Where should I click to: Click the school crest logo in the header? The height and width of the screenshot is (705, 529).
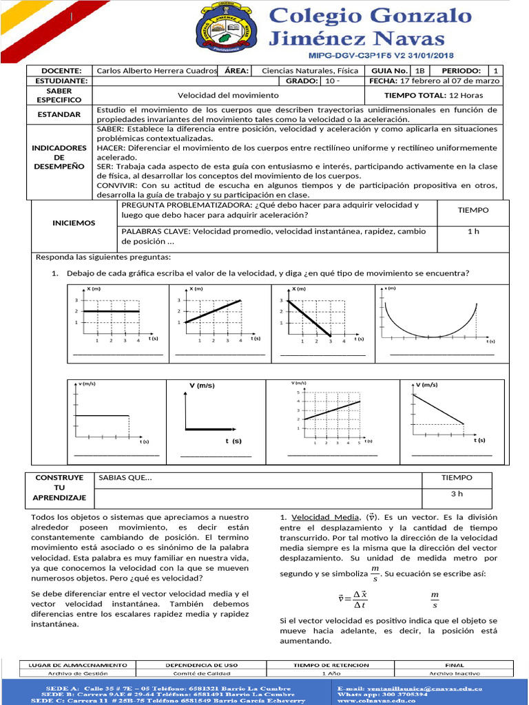click(227, 30)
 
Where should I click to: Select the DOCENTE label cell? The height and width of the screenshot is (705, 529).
click(61, 71)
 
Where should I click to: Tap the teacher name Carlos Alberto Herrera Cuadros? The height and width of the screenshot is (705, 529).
click(156, 71)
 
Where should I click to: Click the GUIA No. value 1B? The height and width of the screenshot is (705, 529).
click(420, 71)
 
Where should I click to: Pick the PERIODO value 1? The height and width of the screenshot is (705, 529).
click(495, 71)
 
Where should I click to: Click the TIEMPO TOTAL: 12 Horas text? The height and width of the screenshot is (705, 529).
click(433, 95)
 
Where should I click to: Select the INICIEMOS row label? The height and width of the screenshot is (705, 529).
click(74, 223)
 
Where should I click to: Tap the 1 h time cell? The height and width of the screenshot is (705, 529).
click(473, 231)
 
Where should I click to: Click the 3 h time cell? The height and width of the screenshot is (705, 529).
click(457, 494)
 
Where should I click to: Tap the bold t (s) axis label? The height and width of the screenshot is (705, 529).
click(233, 441)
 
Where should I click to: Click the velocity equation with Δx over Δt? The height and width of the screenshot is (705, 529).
click(352, 599)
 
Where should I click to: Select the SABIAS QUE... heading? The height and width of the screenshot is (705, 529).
click(126, 477)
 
